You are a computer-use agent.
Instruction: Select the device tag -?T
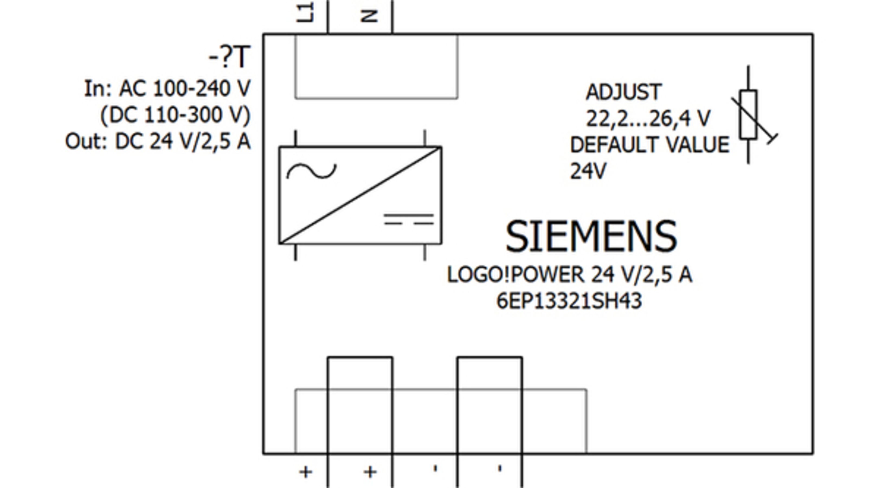pyautogui.click(x=230, y=57)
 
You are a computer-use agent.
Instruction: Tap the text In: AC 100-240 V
pyautogui.click(x=167, y=89)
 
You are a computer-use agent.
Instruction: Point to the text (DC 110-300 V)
pyautogui.click(x=175, y=115)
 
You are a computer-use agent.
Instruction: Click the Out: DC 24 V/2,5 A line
pyautogui.click(x=158, y=142)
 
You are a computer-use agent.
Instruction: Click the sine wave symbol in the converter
pyautogui.click(x=311, y=171)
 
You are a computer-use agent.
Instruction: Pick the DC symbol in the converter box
pyautogui.click(x=408, y=219)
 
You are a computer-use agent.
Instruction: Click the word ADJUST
pyautogui.click(x=623, y=92)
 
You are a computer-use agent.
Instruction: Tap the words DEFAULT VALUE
pyautogui.click(x=650, y=145)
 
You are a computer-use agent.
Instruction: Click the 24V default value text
pyautogui.click(x=588, y=171)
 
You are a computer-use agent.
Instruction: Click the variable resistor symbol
pyautogui.click(x=749, y=115)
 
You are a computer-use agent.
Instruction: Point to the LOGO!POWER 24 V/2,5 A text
pyautogui.click(x=569, y=275)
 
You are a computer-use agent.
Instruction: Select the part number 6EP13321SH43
pyautogui.click(x=569, y=301)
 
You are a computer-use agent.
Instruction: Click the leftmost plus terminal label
pyautogui.click(x=305, y=472)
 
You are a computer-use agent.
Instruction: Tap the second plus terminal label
pyautogui.click(x=370, y=472)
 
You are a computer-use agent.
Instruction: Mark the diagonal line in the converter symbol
pyautogui.click(x=360, y=195)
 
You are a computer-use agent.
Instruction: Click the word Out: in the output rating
pyautogui.click(x=86, y=142)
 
